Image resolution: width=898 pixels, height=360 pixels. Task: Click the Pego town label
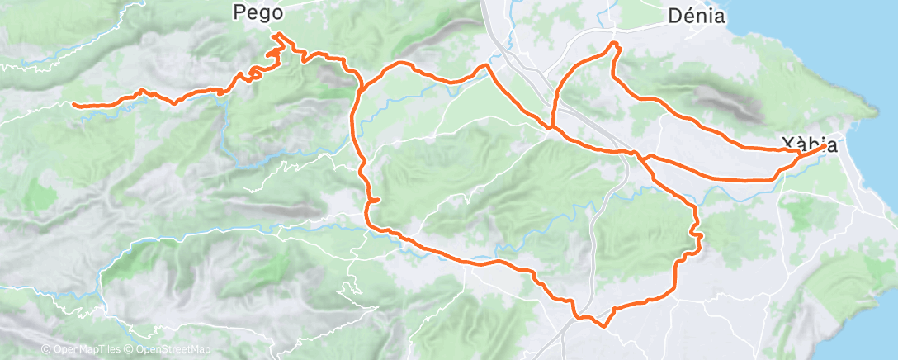tap(258, 13)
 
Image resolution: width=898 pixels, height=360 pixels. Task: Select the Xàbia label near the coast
tap(811, 145)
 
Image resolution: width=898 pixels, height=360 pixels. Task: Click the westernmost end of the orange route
tap(73, 104)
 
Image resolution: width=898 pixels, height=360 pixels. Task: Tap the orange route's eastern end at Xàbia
tap(825, 146)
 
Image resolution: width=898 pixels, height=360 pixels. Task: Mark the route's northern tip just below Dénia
tap(614, 43)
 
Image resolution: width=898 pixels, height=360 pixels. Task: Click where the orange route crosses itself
tap(551, 128)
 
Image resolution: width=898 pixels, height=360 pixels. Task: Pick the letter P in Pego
tap(240, 13)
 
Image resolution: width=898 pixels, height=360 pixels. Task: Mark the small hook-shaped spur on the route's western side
tap(374, 200)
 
